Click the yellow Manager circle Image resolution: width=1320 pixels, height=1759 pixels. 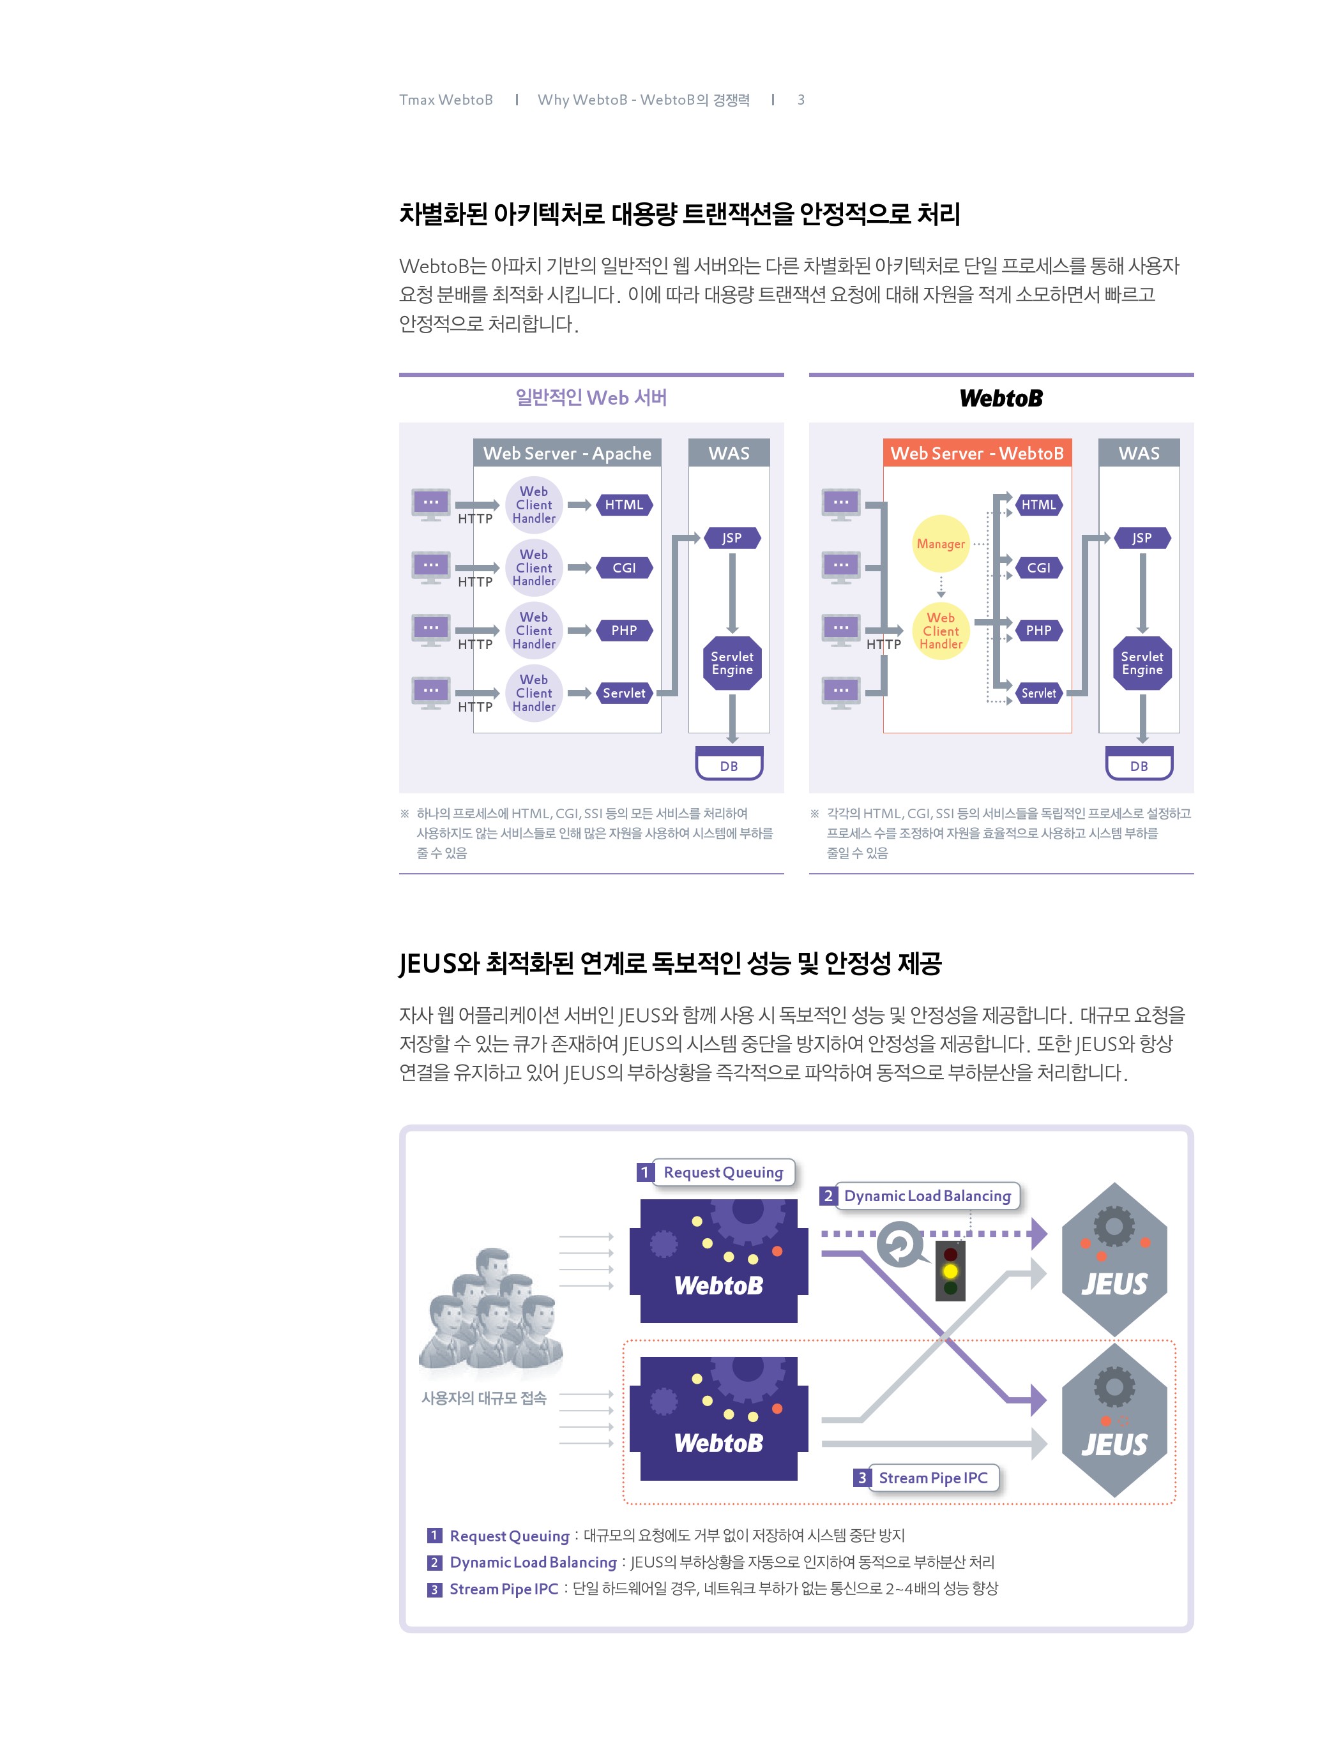(941, 544)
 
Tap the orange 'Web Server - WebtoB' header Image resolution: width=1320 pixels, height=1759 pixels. (977, 453)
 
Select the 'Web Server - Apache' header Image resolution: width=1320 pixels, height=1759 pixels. (567, 453)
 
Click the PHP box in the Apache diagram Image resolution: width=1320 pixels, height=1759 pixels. (624, 631)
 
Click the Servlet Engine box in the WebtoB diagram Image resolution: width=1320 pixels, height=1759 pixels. (1142, 663)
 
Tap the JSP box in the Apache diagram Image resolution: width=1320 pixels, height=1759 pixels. (732, 538)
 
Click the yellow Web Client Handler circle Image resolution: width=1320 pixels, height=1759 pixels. (941, 631)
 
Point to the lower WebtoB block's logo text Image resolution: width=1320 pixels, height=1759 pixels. (718, 1442)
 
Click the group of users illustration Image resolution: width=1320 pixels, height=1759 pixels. (491, 1312)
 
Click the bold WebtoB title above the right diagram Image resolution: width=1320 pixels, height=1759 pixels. (1001, 398)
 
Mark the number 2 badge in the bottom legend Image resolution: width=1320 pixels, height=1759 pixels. (434, 1562)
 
